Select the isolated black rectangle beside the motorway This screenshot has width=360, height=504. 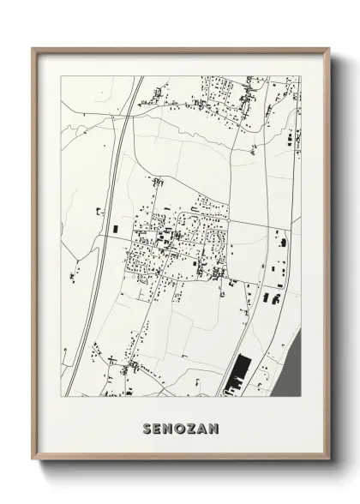tap(114, 228)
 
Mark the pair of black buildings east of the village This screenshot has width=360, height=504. tap(270, 297)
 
